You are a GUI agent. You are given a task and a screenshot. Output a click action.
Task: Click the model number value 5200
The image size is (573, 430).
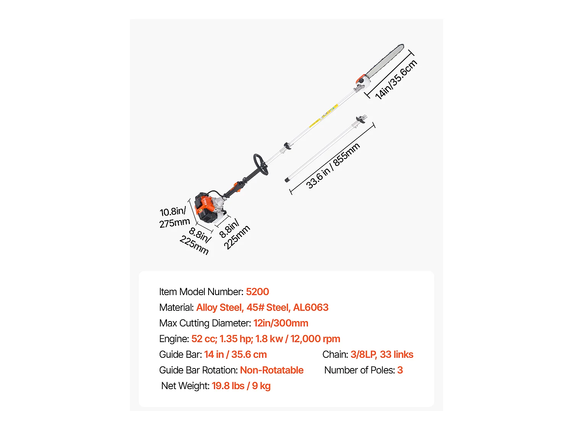[257, 292]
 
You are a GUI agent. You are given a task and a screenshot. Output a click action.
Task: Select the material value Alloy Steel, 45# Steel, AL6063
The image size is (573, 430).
[262, 307]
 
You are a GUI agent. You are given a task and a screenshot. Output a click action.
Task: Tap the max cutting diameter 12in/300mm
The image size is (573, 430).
[281, 323]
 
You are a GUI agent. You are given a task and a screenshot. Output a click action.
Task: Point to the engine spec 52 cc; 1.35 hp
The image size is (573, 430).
[222, 339]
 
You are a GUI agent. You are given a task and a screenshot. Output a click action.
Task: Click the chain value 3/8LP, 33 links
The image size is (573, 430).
[382, 354]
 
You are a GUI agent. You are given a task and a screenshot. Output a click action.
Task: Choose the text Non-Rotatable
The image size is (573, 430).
[272, 370]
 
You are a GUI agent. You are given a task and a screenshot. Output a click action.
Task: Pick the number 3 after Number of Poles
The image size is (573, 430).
[400, 370]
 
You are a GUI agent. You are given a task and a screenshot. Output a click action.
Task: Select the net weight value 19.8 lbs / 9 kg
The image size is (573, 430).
[241, 386]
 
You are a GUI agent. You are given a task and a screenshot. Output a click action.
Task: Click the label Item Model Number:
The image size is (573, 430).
[201, 292]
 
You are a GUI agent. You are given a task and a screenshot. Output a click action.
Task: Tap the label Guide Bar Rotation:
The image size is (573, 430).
[198, 370]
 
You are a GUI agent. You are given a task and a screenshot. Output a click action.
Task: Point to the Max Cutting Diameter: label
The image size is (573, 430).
[205, 323]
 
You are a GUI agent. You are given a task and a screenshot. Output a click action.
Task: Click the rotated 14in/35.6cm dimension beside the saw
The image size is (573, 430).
[396, 80]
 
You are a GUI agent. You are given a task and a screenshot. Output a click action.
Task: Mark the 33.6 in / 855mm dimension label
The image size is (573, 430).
[333, 166]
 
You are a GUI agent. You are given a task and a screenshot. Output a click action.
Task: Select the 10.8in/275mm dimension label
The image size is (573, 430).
[174, 217]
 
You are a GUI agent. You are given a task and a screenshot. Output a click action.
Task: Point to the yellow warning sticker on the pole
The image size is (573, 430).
[325, 115]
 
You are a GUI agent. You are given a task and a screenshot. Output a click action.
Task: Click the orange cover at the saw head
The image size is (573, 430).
[360, 80]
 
